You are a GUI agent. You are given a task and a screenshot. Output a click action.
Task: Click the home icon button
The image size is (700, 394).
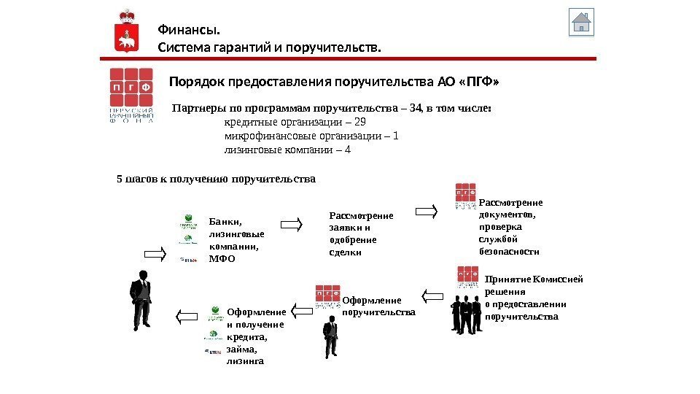(581, 23)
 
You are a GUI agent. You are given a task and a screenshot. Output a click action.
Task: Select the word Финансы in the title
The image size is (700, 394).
(189, 30)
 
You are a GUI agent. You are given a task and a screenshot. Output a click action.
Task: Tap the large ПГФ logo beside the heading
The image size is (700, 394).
(131, 96)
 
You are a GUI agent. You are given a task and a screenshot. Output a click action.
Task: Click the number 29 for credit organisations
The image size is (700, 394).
(359, 122)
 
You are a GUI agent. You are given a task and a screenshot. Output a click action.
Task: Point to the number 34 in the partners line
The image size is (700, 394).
(416, 108)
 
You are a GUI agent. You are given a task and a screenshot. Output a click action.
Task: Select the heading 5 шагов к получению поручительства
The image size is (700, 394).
(216, 177)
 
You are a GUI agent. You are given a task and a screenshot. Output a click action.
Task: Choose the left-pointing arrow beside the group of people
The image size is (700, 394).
(432, 296)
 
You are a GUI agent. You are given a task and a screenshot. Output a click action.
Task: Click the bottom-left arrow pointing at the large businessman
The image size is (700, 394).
(187, 316)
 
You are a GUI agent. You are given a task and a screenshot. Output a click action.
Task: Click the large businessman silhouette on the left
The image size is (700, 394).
(141, 298)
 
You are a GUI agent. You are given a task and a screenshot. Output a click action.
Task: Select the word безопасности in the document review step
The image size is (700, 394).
(509, 250)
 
